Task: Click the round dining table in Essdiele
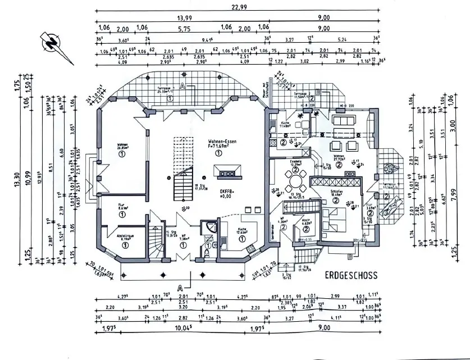coord(293,181)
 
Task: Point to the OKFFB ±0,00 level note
coord(226,194)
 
